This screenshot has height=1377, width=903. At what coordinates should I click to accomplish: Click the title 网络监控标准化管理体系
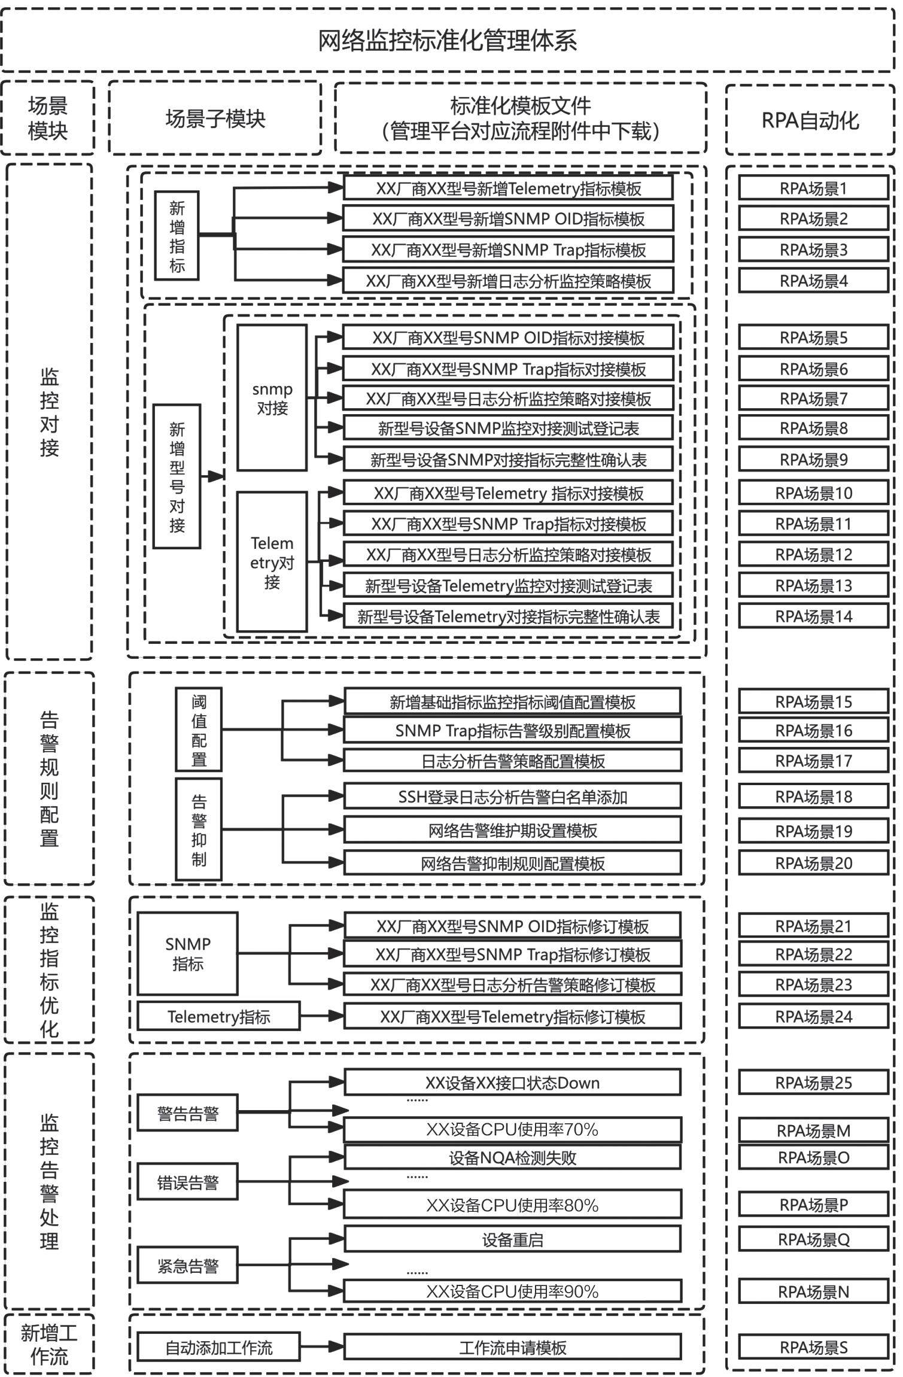[x=448, y=40]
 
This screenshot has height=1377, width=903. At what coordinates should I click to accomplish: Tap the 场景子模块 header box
[x=215, y=118]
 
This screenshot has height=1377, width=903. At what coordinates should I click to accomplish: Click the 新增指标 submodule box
[x=177, y=236]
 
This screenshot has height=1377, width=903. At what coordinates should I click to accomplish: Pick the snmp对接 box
[x=272, y=398]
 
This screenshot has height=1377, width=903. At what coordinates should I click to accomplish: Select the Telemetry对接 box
[x=272, y=561]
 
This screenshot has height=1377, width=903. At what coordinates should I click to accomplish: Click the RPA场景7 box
[x=813, y=399]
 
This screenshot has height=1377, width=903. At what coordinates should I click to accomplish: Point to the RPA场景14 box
[x=813, y=616]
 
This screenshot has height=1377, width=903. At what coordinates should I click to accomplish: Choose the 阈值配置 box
[x=199, y=729]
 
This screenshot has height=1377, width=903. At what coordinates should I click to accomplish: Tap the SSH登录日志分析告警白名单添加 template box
[x=512, y=797]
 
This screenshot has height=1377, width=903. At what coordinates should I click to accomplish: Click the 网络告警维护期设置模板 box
[x=512, y=830]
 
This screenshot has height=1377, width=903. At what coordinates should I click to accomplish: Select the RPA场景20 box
[x=813, y=863]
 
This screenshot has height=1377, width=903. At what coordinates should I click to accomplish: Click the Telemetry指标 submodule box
[x=218, y=1016]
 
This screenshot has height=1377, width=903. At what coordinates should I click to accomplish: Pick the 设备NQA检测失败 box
[x=512, y=1157]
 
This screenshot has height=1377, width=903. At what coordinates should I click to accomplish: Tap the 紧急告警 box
[x=187, y=1266]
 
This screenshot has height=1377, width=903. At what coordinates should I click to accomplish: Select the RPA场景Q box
[x=813, y=1239]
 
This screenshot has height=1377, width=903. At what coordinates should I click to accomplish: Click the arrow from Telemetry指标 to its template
[x=321, y=1016]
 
